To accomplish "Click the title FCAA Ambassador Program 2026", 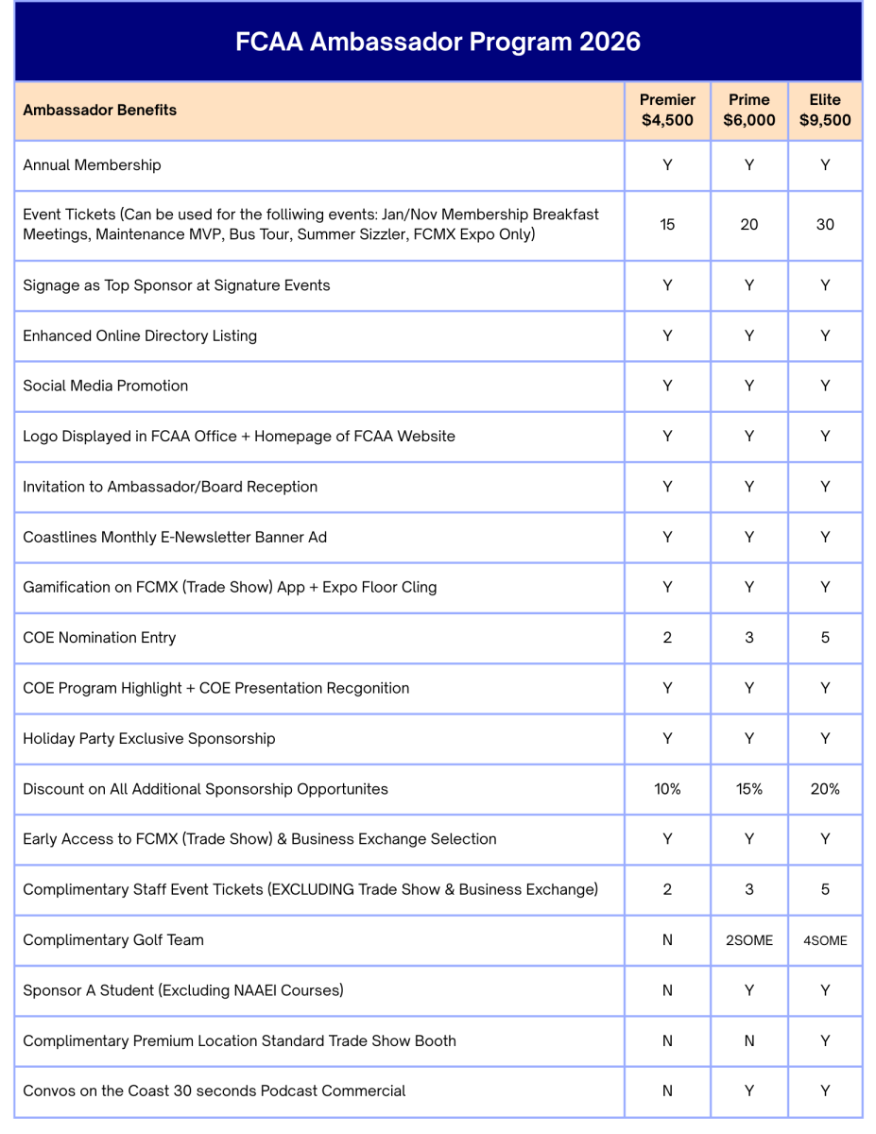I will (x=438, y=42).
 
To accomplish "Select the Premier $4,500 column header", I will (x=667, y=110).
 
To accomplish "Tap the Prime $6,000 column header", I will (x=748, y=110).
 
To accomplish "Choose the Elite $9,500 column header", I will (x=825, y=110).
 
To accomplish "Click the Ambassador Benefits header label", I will (x=100, y=110).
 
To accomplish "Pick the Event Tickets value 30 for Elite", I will (x=825, y=225).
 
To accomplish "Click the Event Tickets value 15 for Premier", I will (x=667, y=225).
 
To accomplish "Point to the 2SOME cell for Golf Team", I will (x=748, y=940).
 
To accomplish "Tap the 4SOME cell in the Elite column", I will (x=825, y=940).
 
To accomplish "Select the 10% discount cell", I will (x=667, y=789).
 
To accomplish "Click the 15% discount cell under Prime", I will (x=748, y=789).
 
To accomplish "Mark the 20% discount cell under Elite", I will (x=825, y=789).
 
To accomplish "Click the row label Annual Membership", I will (x=93, y=165).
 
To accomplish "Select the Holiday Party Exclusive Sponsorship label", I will (x=149, y=738).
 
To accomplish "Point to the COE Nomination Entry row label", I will (x=99, y=638).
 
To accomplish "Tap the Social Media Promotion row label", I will (x=106, y=386).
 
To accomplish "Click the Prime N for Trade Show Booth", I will (x=748, y=1040).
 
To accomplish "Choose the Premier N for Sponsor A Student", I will (x=667, y=990).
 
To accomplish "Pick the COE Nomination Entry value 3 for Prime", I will (x=748, y=638).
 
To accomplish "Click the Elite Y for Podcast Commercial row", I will (x=825, y=1091).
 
